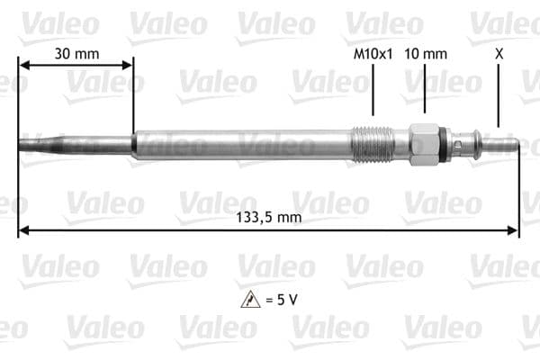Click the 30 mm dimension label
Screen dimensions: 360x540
(76, 53)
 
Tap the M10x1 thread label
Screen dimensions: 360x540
(373, 53)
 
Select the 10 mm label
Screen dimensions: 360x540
(426, 53)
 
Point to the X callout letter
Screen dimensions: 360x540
(499, 53)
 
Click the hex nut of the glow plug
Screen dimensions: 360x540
(423, 144)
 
